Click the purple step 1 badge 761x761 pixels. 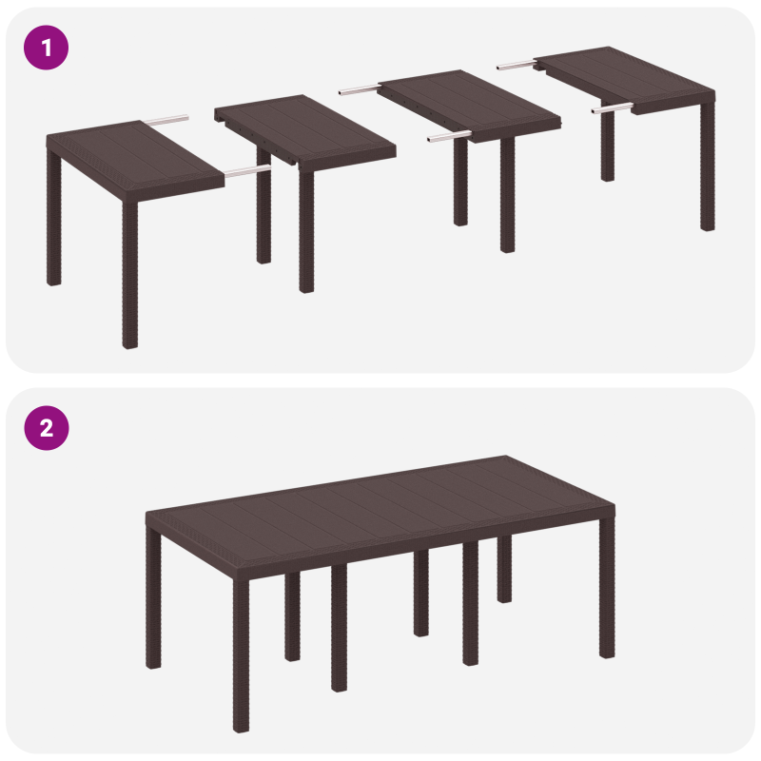click(x=46, y=47)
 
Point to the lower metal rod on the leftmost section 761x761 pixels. click(x=246, y=172)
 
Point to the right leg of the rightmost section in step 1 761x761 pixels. click(x=707, y=171)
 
